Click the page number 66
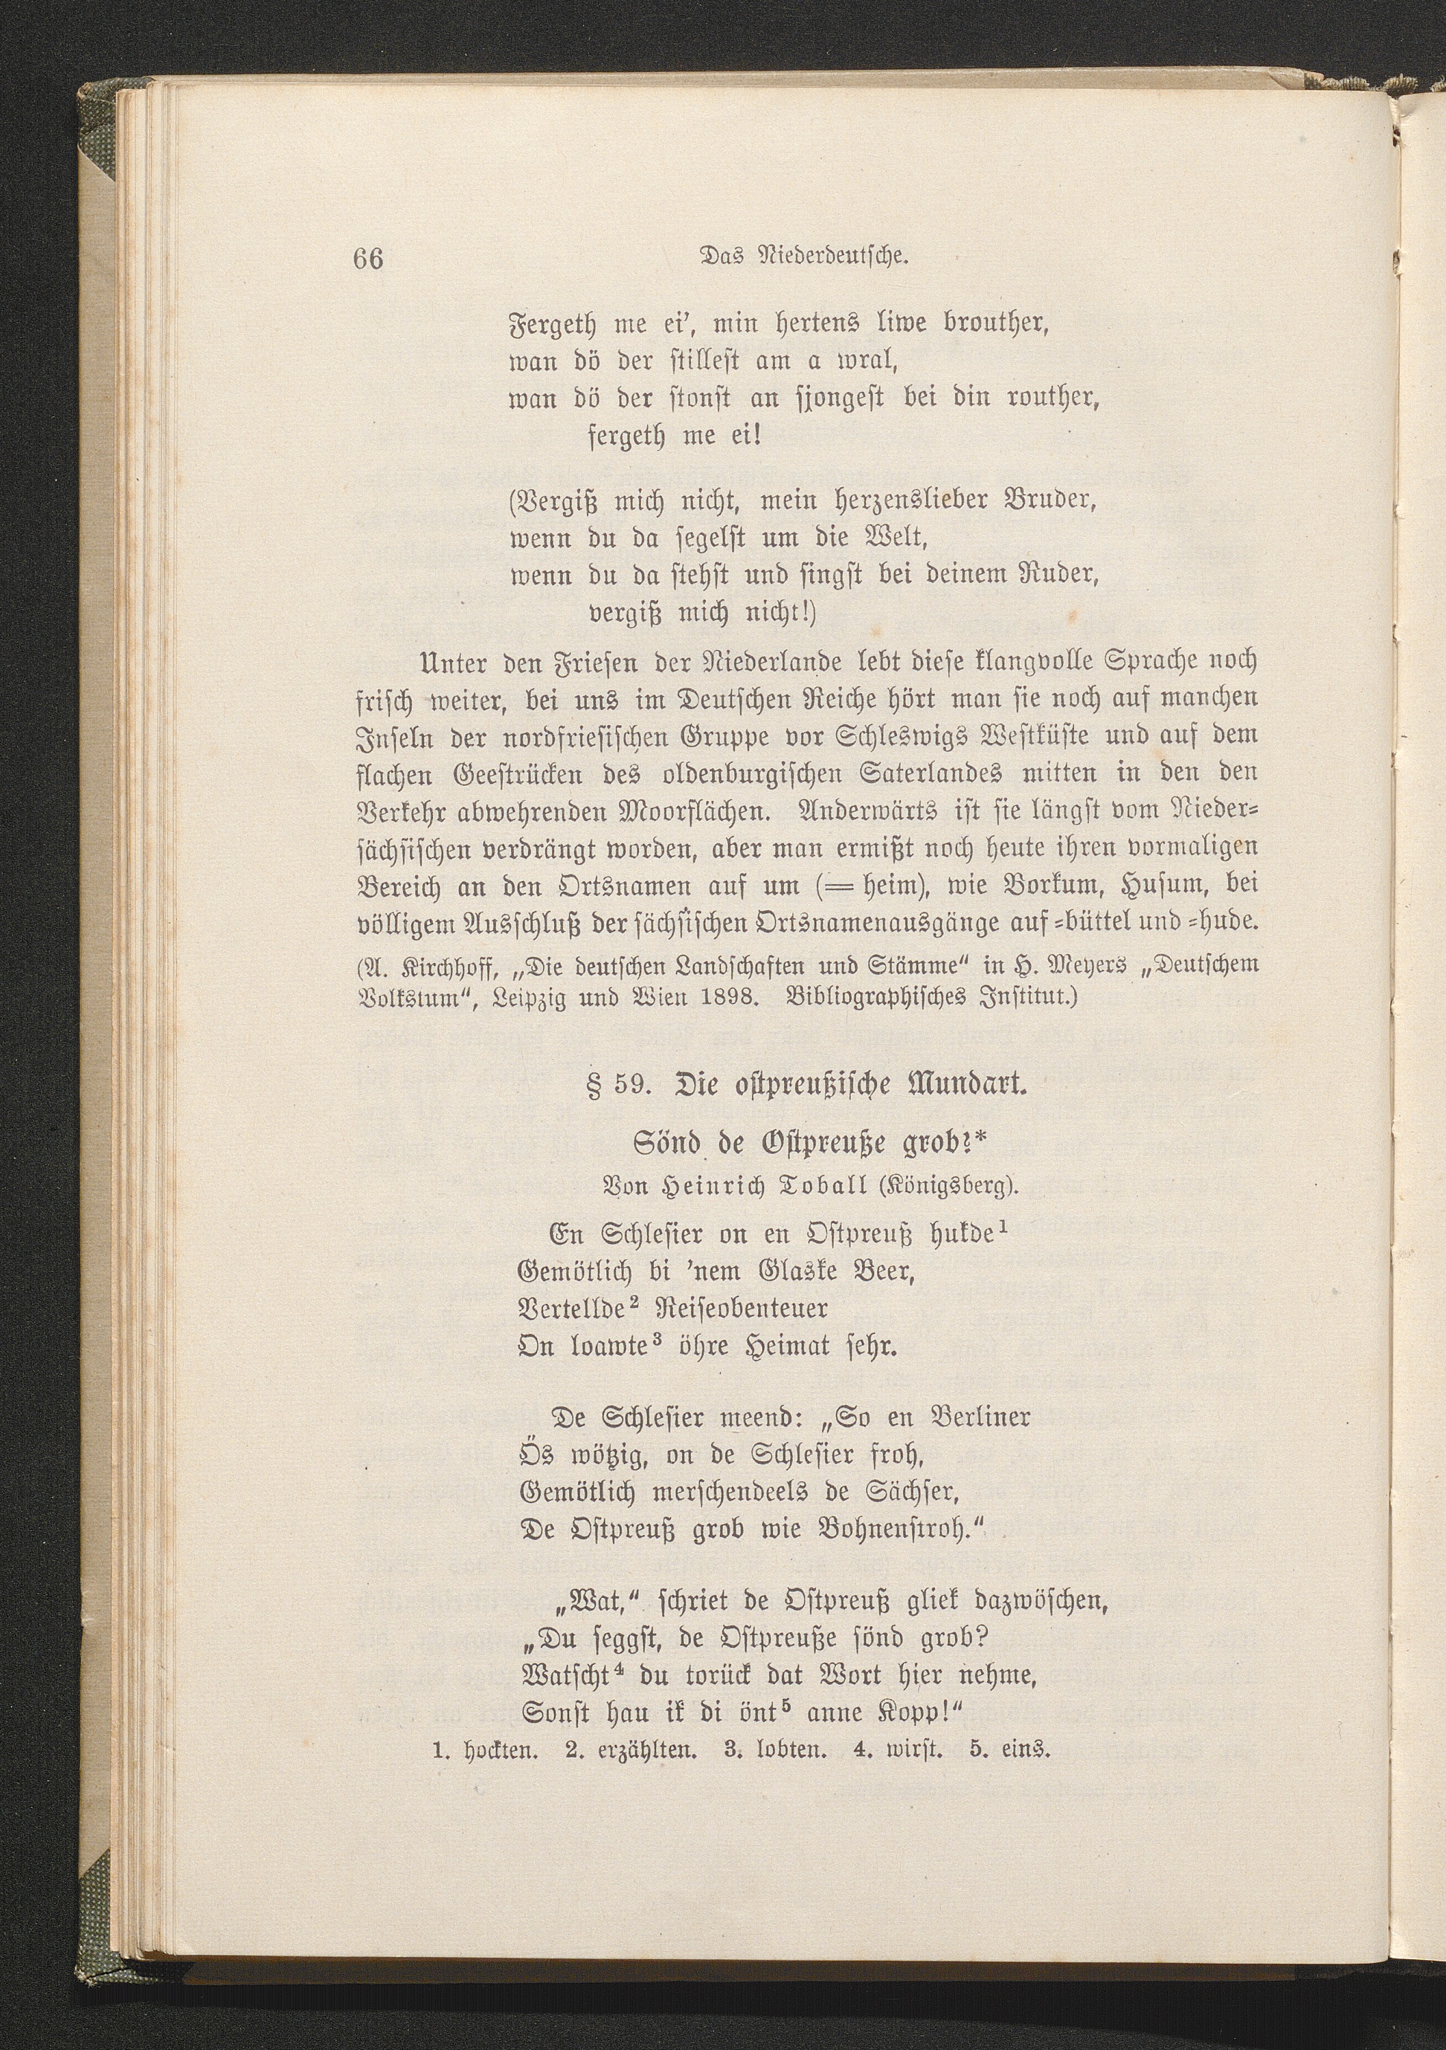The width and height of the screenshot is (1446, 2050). pyautogui.click(x=368, y=258)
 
